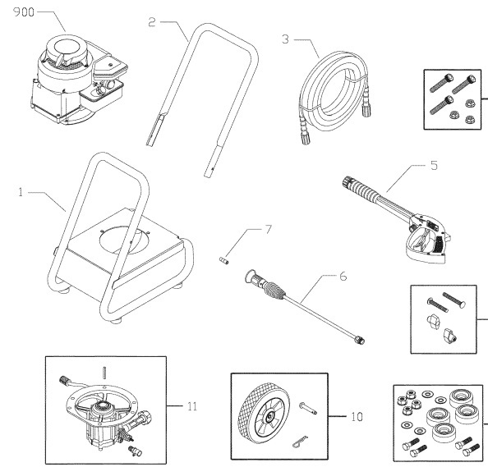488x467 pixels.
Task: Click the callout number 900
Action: pyautogui.click(x=17, y=14)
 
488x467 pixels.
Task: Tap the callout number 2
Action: pyautogui.click(x=152, y=22)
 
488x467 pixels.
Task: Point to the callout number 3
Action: pyautogui.click(x=286, y=39)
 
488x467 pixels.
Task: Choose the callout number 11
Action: pyautogui.click(x=191, y=405)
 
